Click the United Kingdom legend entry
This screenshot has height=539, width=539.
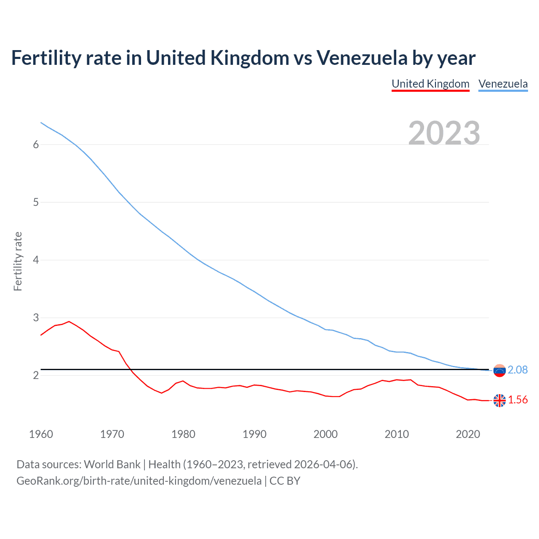(430, 84)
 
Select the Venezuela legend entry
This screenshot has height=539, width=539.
(503, 84)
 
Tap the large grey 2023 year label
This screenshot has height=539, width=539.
(444, 133)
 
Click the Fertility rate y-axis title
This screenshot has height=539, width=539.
(18, 261)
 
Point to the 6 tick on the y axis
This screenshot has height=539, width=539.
(36, 144)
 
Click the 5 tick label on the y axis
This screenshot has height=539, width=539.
(36, 202)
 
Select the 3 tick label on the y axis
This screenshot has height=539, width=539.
(36, 318)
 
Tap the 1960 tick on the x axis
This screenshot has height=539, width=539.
(41, 434)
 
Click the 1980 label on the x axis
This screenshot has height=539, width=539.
(183, 434)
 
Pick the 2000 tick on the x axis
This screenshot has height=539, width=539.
(326, 434)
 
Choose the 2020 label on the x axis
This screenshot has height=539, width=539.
(468, 434)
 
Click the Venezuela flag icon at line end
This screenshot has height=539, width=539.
(499, 371)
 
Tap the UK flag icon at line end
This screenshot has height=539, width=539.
(499, 400)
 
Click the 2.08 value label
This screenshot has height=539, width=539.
(518, 370)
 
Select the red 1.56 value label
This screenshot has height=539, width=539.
(518, 400)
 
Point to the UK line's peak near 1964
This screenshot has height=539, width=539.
(69, 321)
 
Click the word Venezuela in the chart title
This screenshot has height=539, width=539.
(362, 58)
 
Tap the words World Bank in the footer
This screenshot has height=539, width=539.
(112, 464)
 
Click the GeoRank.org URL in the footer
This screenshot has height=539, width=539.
(139, 481)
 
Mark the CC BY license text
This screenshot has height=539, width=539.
(285, 481)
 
